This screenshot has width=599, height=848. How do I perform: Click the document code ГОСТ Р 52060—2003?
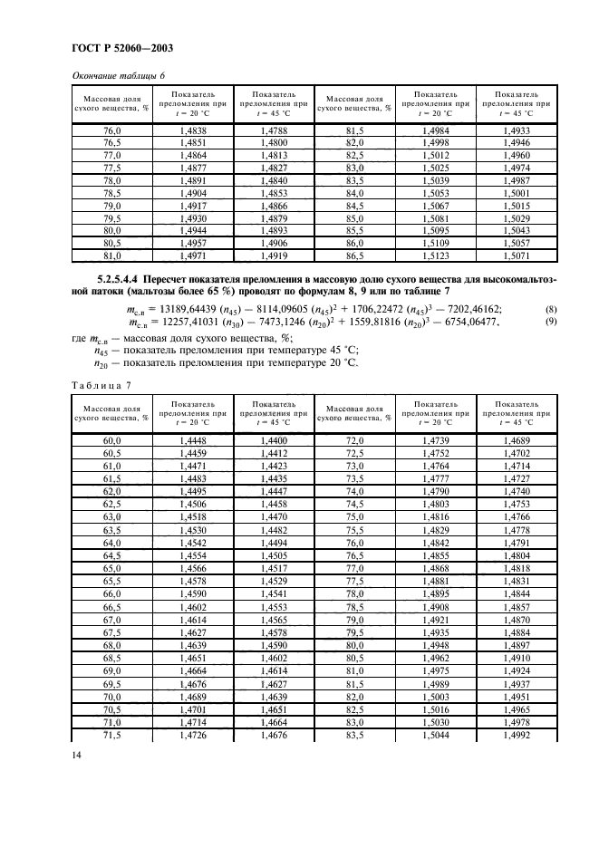[121, 47]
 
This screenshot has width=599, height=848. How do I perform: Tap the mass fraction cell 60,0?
[111, 439]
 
